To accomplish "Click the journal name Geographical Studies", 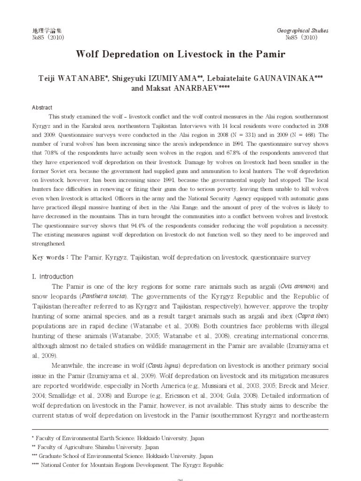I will (303, 31).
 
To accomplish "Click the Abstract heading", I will (42, 108).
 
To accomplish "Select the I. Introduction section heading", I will (53, 277).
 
